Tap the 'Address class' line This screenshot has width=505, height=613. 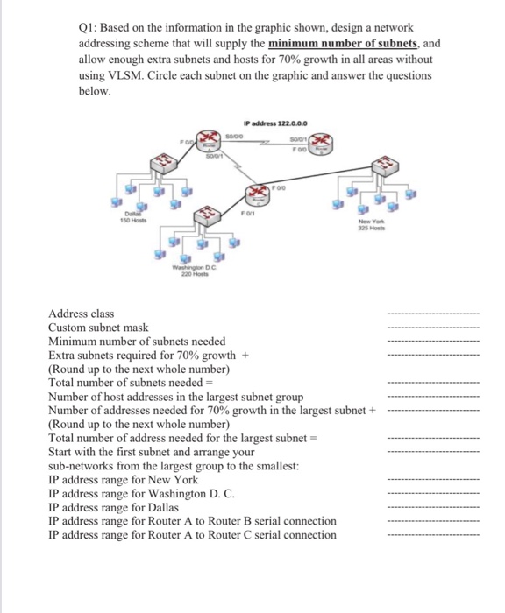(x=82, y=314)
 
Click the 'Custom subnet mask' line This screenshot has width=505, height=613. (x=99, y=328)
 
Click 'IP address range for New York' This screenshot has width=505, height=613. (x=124, y=480)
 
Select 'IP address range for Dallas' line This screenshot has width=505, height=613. (x=114, y=507)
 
